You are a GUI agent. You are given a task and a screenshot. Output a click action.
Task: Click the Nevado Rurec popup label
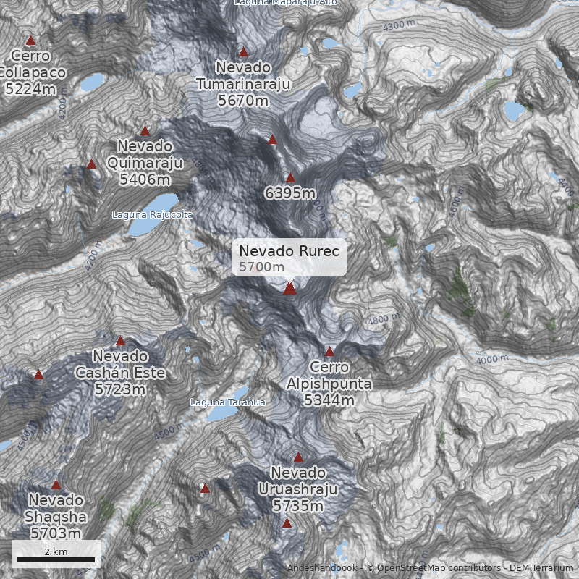click(x=289, y=258)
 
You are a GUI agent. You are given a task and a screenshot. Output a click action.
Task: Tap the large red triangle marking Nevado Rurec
click(x=289, y=289)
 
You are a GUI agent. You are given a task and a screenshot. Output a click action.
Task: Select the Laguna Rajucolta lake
click(x=153, y=214)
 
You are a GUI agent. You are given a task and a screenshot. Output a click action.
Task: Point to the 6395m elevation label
click(x=289, y=193)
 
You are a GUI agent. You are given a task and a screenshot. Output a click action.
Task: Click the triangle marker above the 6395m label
click(x=290, y=178)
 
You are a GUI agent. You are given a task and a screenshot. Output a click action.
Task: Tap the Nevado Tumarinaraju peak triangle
click(x=244, y=51)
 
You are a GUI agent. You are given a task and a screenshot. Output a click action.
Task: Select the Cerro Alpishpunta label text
click(x=329, y=384)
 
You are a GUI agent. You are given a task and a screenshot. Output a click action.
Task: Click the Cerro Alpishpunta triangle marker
click(x=329, y=351)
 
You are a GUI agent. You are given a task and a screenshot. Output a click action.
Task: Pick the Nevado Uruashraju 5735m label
click(x=298, y=489)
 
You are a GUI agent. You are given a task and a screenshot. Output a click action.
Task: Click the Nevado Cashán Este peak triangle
click(x=120, y=341)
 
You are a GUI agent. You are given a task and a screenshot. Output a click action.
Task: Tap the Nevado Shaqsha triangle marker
click(x=56, y=485)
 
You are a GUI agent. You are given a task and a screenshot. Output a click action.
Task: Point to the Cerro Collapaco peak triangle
click(x=30, y=41)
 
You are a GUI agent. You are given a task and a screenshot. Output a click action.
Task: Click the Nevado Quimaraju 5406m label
click(x=145, y=163)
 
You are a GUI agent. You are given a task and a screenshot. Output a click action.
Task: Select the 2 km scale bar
click(x=56, y=559)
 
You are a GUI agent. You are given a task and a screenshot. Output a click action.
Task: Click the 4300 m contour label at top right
click(x=400, y=25)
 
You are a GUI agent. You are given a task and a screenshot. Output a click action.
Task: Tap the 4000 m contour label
click(x=492, y=358)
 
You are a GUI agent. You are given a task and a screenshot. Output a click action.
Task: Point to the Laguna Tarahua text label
click(x=227, y=402)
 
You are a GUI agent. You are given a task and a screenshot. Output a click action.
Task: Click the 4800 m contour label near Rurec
click(x=383, y=319)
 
